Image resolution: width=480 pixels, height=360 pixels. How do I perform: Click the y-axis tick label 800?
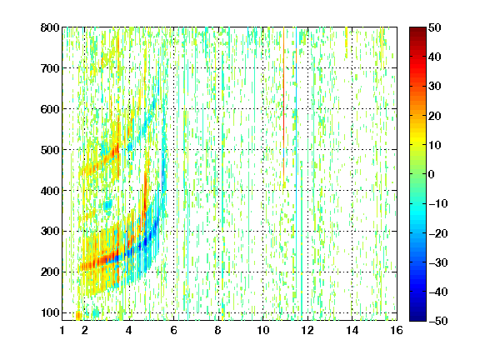(50, 27)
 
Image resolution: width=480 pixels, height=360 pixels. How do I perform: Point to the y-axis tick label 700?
(50, 68)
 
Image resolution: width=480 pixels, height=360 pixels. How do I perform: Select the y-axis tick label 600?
(50, 109)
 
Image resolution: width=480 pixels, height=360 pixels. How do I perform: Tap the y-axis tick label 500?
(50, 150)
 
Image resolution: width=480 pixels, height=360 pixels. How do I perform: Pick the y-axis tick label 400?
(50, 191)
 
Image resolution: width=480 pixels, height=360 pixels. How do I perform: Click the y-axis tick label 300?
(50, 231)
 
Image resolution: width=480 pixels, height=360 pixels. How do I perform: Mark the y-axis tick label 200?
(50, 272)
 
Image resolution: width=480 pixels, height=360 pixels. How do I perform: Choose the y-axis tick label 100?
(50, 312)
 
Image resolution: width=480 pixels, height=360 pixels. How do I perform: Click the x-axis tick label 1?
(62, 330)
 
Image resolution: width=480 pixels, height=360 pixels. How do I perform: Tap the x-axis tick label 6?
(174, 330)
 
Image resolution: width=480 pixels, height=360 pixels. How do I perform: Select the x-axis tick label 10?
(263, 330)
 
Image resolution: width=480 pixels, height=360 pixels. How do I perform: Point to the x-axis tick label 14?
(352, 330)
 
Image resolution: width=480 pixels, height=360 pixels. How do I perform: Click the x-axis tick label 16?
(397, 330)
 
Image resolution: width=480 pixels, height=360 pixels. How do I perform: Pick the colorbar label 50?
(434, 27)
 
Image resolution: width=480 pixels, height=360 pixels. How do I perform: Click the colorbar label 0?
(432, 174)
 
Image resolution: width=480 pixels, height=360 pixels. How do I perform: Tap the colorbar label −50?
(438, 321)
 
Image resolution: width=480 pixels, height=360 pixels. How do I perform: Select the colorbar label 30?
(434, 87)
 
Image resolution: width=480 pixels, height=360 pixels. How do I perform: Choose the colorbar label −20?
(438, 233)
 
